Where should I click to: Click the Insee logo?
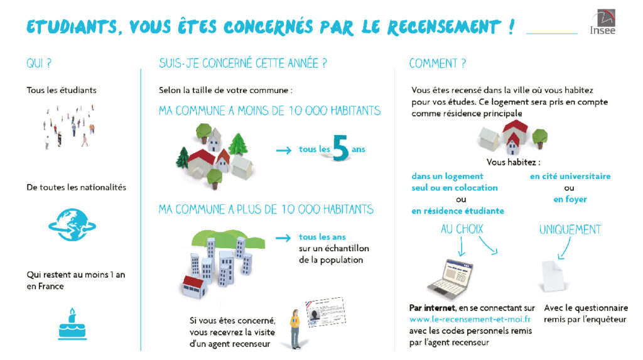(603, 22)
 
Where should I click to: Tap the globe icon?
(72, 224)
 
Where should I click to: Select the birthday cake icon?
(72, 324)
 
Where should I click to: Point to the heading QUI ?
(39, 63)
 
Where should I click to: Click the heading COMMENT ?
(438, 63)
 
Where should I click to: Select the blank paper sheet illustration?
(554, 276)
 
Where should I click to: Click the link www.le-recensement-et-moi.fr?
(470, 319)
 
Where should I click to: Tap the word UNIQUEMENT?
(570, 229)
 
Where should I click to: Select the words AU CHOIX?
(462, 229)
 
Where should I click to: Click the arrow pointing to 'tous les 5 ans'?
(283, 151)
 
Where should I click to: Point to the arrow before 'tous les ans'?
(283, 238)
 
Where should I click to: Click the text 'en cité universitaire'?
(570, 176)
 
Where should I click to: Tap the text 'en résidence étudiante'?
(458, 211)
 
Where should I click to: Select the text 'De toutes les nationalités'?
(76, 187)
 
